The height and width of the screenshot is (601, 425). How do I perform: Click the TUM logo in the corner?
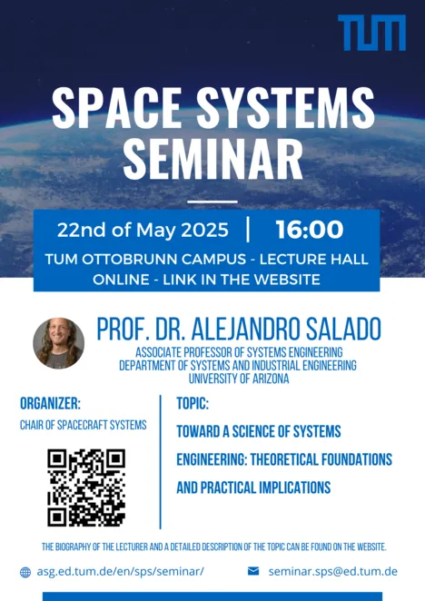pos(371,33)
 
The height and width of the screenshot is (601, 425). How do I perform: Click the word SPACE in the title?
pos(116,108)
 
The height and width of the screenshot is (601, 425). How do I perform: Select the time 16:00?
pos(309,229)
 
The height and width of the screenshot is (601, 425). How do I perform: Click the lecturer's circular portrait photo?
pos(59,343)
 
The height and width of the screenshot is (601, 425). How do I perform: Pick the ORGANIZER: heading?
pos(50,403)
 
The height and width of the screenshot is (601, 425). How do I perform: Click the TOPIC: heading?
pos(193,403)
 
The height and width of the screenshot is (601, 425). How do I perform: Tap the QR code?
pos(86,488)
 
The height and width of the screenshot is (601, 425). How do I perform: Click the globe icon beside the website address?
pos(25,572)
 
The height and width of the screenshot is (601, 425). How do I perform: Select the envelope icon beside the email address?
pos(253,571)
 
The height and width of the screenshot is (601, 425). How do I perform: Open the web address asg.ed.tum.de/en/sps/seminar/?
pos(121,571)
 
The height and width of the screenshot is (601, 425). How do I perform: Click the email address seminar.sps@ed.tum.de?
pos(333,571)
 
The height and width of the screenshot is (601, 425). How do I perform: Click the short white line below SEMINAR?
pos(212,202)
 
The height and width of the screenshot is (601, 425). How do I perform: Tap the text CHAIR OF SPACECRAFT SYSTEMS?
pos(84,425)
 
